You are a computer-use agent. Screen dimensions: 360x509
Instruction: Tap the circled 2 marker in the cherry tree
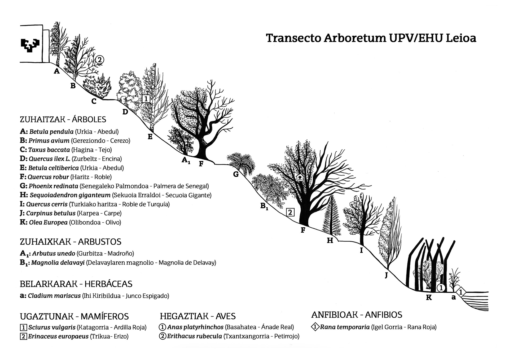tap(99, 60)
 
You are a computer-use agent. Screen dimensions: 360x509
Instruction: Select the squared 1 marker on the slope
tap(146, 99)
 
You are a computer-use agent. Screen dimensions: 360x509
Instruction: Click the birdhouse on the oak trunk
tap(300, 178)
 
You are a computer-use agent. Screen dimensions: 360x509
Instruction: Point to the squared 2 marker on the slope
tap(290, 212)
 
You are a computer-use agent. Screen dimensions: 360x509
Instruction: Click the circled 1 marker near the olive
tap(441, 288)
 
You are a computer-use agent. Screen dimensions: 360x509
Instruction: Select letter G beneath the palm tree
tap(236, 174)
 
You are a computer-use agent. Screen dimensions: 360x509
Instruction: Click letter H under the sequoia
tap(330, 240)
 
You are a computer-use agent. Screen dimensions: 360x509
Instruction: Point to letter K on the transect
tap(429, 298)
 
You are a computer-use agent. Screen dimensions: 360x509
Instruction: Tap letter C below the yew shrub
tap(94, 101)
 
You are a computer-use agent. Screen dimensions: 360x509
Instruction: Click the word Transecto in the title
tap(293, 38)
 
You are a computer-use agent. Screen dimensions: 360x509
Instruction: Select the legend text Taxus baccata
tap(49, 150)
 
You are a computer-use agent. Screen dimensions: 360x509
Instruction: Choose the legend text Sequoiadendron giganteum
tap(70, 195)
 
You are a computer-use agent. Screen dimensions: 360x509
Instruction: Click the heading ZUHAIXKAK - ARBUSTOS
tap(71, 242)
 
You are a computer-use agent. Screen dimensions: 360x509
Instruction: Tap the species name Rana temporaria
tap(345, 327)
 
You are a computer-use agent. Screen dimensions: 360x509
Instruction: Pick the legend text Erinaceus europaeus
tap(58, 336)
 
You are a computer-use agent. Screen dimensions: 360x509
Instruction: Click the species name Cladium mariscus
tap(54, 296)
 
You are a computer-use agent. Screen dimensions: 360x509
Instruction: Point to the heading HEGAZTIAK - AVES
tap(198, 316)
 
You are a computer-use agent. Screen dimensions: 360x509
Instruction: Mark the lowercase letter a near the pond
tap(454, 297)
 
